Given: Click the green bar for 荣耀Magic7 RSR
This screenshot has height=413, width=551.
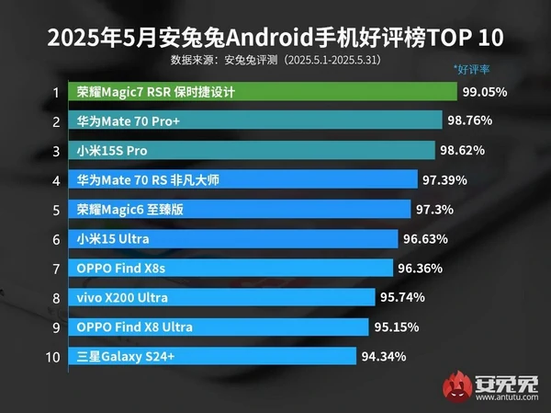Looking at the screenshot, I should [263, 92].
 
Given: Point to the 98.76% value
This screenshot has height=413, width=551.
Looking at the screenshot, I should [470, 121].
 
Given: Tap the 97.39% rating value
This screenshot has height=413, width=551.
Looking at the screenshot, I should [444, 180].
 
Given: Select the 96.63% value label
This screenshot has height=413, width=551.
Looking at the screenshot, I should [424, 239].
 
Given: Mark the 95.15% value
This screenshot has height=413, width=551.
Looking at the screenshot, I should [398, 327].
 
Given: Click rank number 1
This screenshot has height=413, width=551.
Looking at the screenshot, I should [56, 92].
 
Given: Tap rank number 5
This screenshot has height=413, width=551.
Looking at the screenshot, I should [56, 210].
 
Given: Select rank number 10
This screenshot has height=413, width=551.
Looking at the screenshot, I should [53, 356].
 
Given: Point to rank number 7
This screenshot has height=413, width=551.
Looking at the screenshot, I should [56, 269].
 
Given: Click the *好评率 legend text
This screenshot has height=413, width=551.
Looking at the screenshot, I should [474, 69].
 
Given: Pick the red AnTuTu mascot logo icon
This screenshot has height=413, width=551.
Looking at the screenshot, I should [455, 384].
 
